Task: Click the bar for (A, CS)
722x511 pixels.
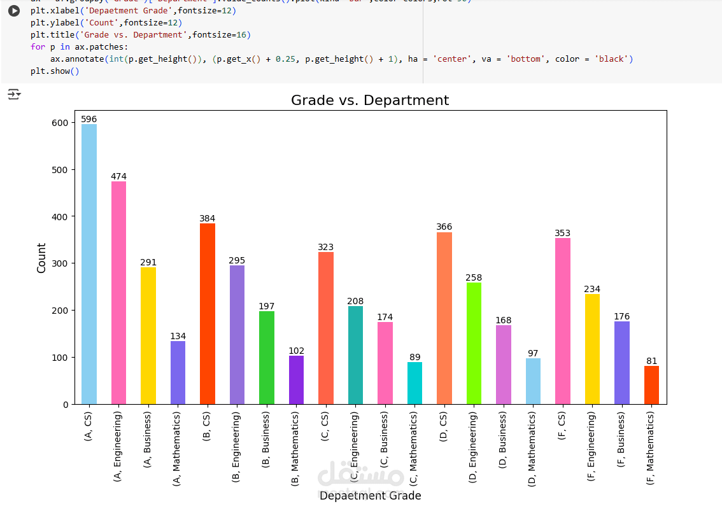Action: (x=89, y=264)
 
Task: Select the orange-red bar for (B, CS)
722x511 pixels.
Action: (x=208, y=314)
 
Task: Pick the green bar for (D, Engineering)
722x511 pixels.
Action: (x=474, y=344)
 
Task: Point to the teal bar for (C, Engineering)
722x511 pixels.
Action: (x=355, y=355)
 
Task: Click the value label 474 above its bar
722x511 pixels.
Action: (x=118, y=176)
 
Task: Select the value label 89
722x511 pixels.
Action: (x=414, y=357)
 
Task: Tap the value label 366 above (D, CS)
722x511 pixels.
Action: (x=444, y=227)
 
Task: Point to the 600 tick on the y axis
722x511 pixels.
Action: (x=60, y=123)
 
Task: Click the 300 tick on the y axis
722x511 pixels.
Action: (x=60, y=263)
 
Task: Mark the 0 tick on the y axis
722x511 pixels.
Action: (x=65, y=404)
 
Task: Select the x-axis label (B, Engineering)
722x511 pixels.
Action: (x=236, y=446)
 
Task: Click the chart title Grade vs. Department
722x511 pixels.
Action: (x=370, y=101)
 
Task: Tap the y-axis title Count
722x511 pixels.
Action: (x=42, y=258)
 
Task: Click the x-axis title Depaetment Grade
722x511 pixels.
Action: (x=370, y=496)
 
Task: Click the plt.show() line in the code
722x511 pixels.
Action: (x=55, y=71)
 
